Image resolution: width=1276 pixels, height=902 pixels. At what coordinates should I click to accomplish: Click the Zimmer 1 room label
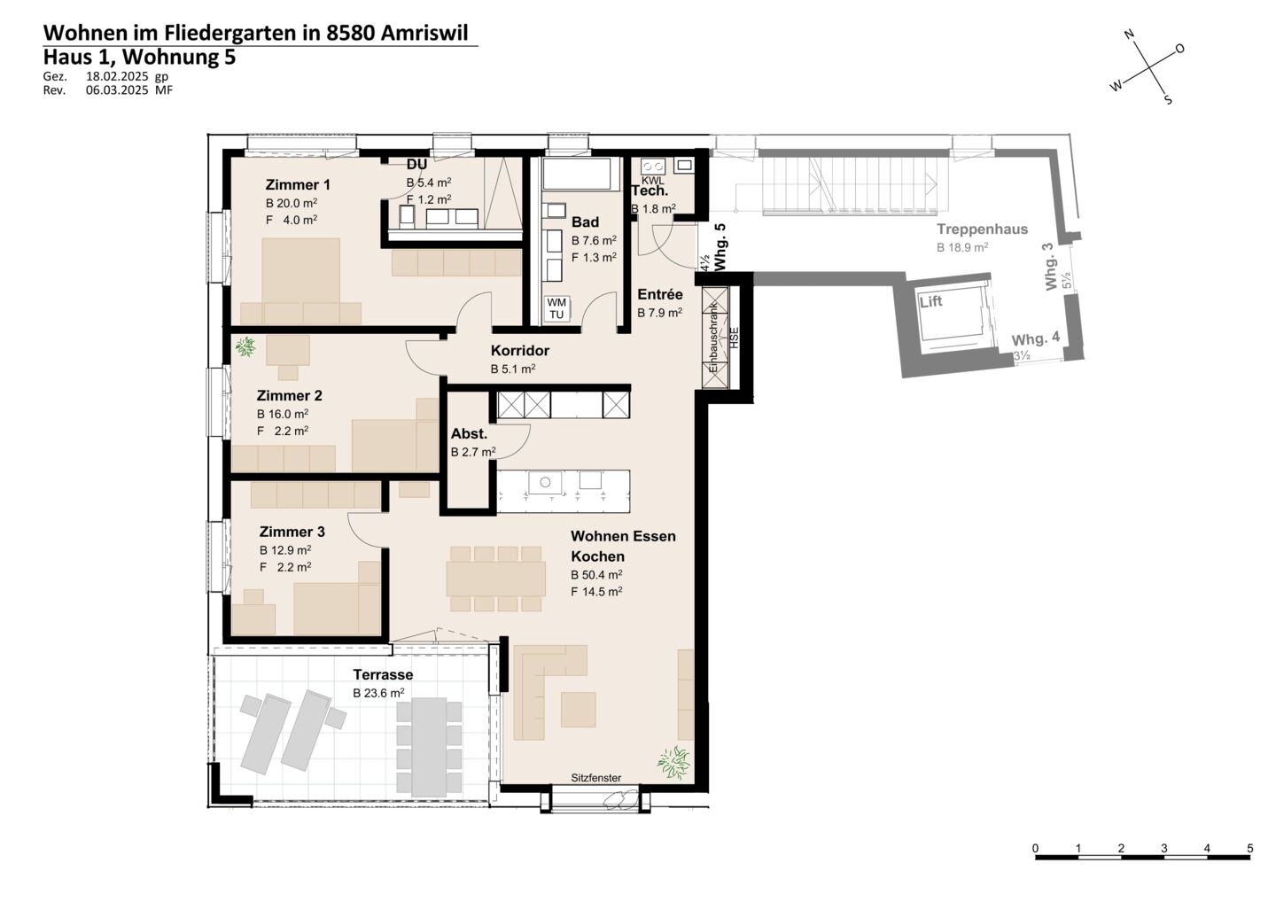(x=298, y=184)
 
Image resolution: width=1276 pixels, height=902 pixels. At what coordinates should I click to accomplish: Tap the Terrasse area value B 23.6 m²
(x=378, y=693)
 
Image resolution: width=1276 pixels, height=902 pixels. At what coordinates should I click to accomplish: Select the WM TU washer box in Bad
(x=556, y=308)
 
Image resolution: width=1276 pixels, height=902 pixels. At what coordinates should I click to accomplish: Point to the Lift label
(x=930, y=301)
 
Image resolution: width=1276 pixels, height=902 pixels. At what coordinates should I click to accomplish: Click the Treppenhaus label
(x=982, y=229)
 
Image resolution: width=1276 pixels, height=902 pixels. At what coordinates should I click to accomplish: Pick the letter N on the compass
(x=1130, y=35)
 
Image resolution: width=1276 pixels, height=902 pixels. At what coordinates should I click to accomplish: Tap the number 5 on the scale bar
(x=1249, y=849)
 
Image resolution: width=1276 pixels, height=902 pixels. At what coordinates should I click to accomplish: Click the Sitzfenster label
(x=595, y=778)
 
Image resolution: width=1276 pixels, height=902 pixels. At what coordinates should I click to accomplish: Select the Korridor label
(x=520, y=350)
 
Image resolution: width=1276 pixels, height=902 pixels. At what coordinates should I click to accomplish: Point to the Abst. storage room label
(x=469, y=433)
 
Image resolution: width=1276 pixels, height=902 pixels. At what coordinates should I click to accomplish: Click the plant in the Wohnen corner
(x=673, y=762)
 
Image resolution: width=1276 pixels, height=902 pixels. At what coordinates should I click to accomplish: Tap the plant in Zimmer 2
(x=245, y=346)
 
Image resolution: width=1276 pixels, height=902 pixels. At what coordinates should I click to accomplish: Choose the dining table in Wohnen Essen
(x=495, y=579)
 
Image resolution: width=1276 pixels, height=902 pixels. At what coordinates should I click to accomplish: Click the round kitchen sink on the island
(x=545, y=482)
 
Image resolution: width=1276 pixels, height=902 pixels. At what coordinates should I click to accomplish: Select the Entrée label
(x=659, y=294)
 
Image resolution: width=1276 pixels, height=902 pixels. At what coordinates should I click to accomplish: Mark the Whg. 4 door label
(x=1035, y=338)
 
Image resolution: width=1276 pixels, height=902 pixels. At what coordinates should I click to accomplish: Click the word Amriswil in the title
(x=424, y=33)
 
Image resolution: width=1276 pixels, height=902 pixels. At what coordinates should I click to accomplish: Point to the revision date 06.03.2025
(x=117, y=89)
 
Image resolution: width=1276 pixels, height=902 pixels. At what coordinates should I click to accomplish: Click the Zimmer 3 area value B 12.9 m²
(x=284, y=550)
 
